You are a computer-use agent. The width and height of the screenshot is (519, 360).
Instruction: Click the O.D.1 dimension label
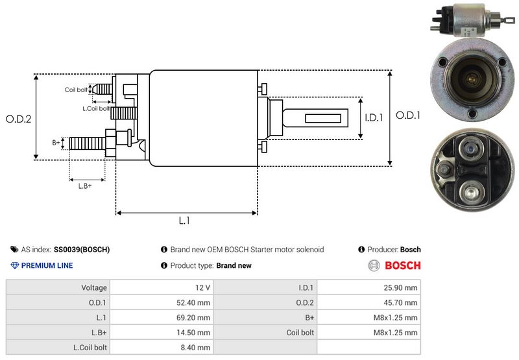click(x=409, y=115)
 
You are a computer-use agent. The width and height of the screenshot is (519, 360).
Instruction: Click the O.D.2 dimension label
click(x=19, y=119)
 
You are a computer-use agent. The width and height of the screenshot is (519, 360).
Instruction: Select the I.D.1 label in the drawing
click(x=374, y=118)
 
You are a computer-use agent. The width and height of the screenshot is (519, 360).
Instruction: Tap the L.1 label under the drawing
click(x=184, y=221)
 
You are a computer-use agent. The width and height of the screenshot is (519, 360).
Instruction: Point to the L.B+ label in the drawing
click(x=85, y=186)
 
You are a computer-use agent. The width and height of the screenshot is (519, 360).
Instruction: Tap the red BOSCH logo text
click(x=403, y=265)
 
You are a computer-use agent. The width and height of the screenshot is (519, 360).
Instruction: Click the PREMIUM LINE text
click(x=47, y=265)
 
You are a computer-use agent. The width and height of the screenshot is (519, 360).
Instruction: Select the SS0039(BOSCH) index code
click(x=82, y=249)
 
